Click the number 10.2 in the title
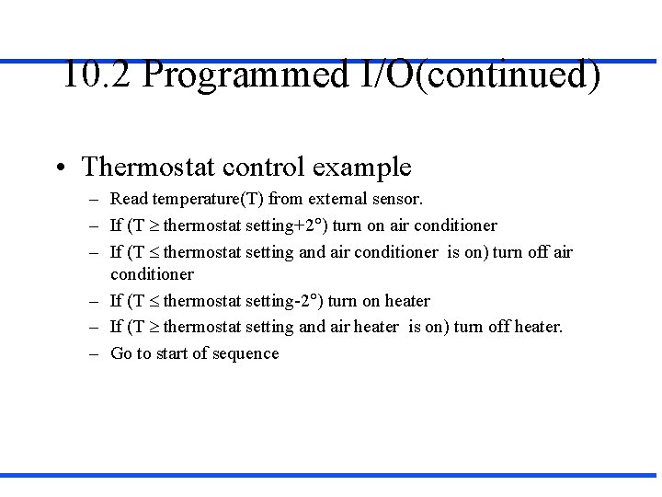tap(97, 75)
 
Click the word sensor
tap(396, 199)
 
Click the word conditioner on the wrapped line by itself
tap(152, 274)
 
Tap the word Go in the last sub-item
tap(121, 353)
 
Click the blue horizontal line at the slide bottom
tap(331, 475)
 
